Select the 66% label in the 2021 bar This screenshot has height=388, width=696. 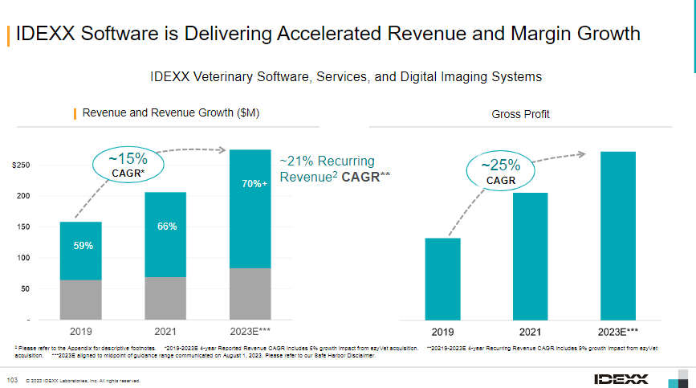coord(166,227)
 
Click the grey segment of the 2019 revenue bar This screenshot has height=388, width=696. coord(80,300)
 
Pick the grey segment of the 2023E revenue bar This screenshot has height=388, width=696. coord(250,293)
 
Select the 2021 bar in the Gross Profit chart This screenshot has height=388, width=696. coord(530,256)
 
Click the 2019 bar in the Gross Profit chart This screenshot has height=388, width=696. coord(442,279)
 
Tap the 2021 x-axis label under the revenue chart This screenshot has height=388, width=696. coord(165,330)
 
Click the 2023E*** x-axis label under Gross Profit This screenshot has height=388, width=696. coord(618,331)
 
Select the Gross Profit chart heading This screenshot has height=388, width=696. coord(520,115)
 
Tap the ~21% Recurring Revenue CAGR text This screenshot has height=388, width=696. coord(334,169)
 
